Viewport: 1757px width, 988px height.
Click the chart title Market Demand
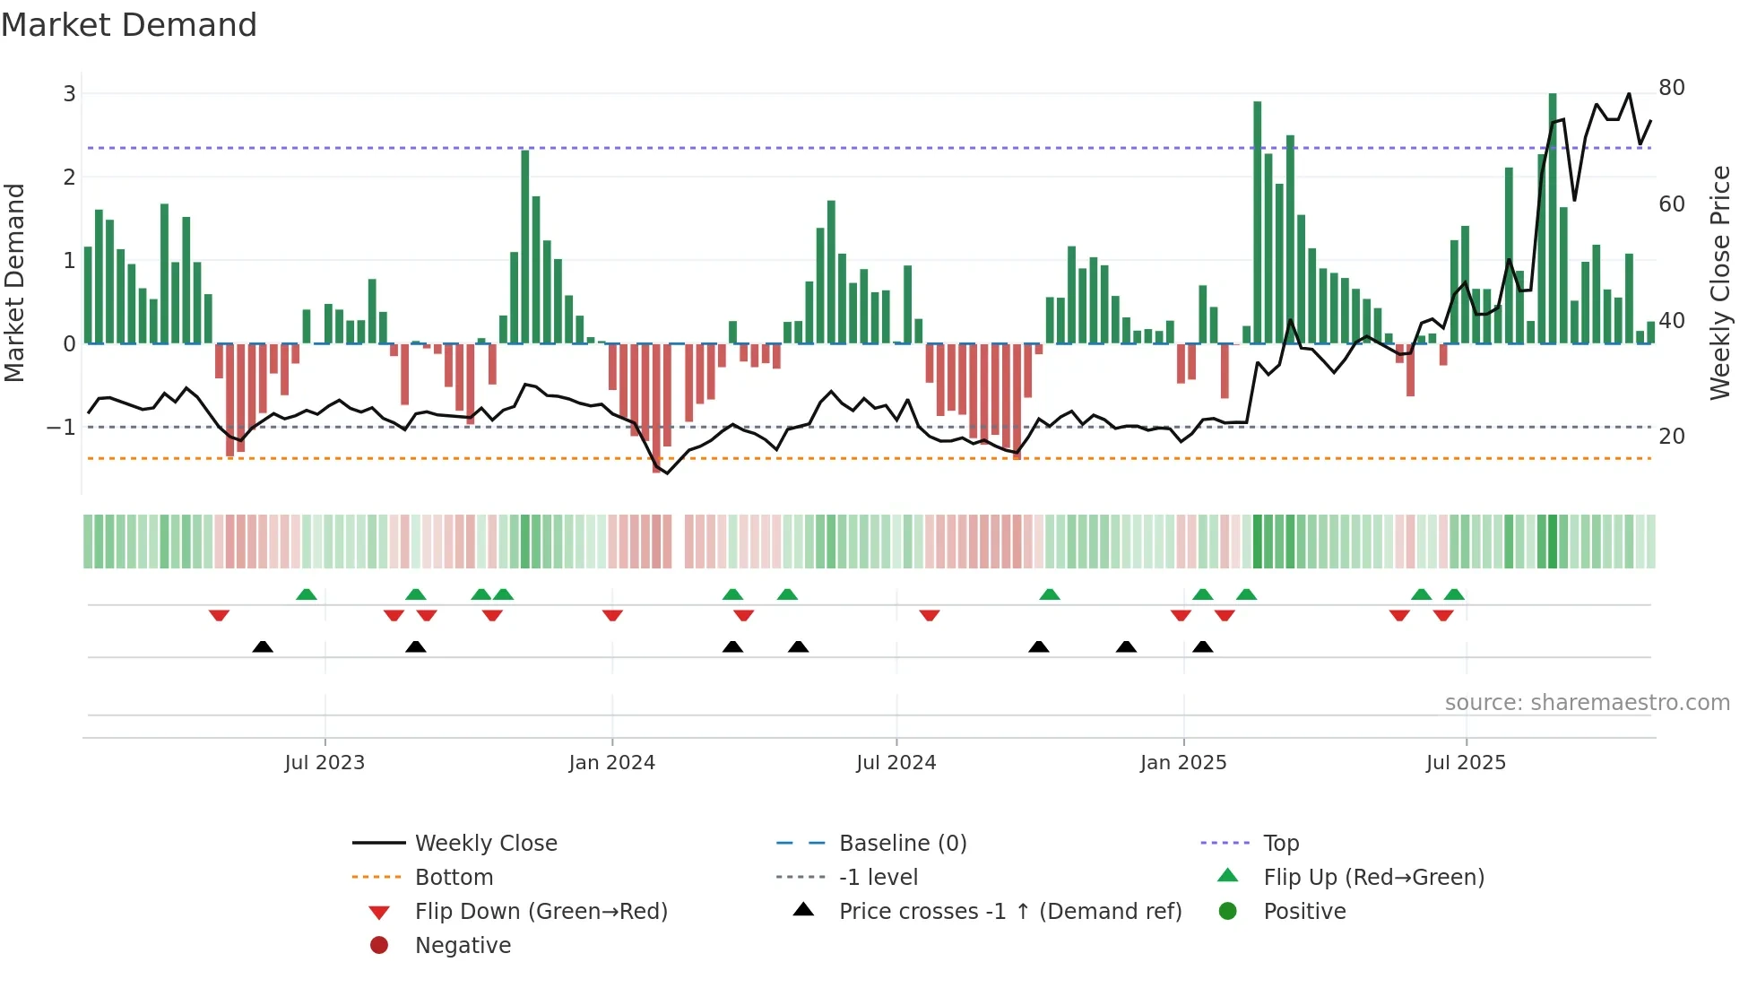coord(129,25)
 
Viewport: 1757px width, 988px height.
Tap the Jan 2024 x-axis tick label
coord(611,763)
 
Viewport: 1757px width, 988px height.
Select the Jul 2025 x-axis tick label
coord(1466,763)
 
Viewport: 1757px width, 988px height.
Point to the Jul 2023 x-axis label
coord(325,763)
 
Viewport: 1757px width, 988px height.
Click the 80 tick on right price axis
coord(1672,88)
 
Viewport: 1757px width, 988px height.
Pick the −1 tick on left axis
coord(62,428)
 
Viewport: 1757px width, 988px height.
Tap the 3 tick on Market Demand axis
coord(69,93)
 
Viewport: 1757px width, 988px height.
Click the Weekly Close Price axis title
coord(1719,282)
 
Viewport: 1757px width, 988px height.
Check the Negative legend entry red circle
coord(379,946)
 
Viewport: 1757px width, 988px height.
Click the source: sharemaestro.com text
coord(1587,703)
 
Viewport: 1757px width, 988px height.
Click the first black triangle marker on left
coord(263,646)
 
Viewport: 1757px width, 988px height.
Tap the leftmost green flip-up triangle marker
coord(307,594)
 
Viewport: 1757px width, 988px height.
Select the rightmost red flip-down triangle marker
coord(1443,615)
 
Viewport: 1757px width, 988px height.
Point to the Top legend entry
coord(1280,844)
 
